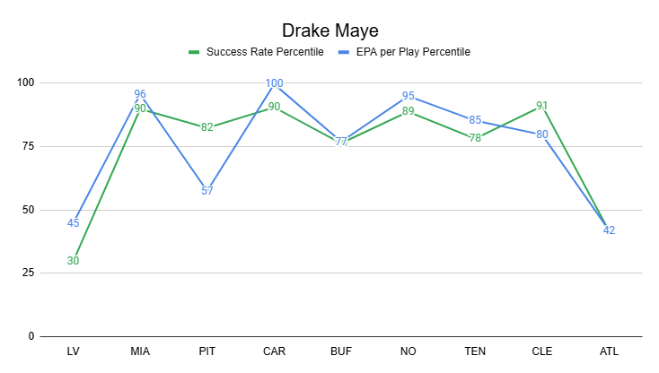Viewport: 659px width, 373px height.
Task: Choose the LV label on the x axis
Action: tap(73, 351)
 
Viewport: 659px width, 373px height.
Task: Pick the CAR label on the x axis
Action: tap(274, 351)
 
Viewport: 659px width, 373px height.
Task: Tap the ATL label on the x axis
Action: tap(609, 351)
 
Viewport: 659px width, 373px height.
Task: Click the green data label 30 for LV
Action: tap(73, 261)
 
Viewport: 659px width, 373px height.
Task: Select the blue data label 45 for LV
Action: tap(73, 223)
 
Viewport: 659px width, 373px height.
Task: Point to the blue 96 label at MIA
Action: tap(140, 94)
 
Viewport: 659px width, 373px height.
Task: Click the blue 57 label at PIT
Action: tap(206, 191)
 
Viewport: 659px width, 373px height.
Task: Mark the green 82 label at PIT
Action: tap(206, 127)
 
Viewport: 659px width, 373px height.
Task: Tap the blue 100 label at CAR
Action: tap(274, 83)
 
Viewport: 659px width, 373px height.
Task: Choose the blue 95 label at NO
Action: tap(408, 96)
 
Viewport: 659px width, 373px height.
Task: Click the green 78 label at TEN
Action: tap(475, 138)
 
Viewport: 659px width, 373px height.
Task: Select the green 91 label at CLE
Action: tap(541, 105)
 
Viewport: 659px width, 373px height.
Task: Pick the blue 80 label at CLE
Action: tap(541, 134)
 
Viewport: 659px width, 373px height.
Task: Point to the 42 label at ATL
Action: tap(609, 230)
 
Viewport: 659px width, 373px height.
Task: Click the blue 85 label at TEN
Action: tap(475, 120)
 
